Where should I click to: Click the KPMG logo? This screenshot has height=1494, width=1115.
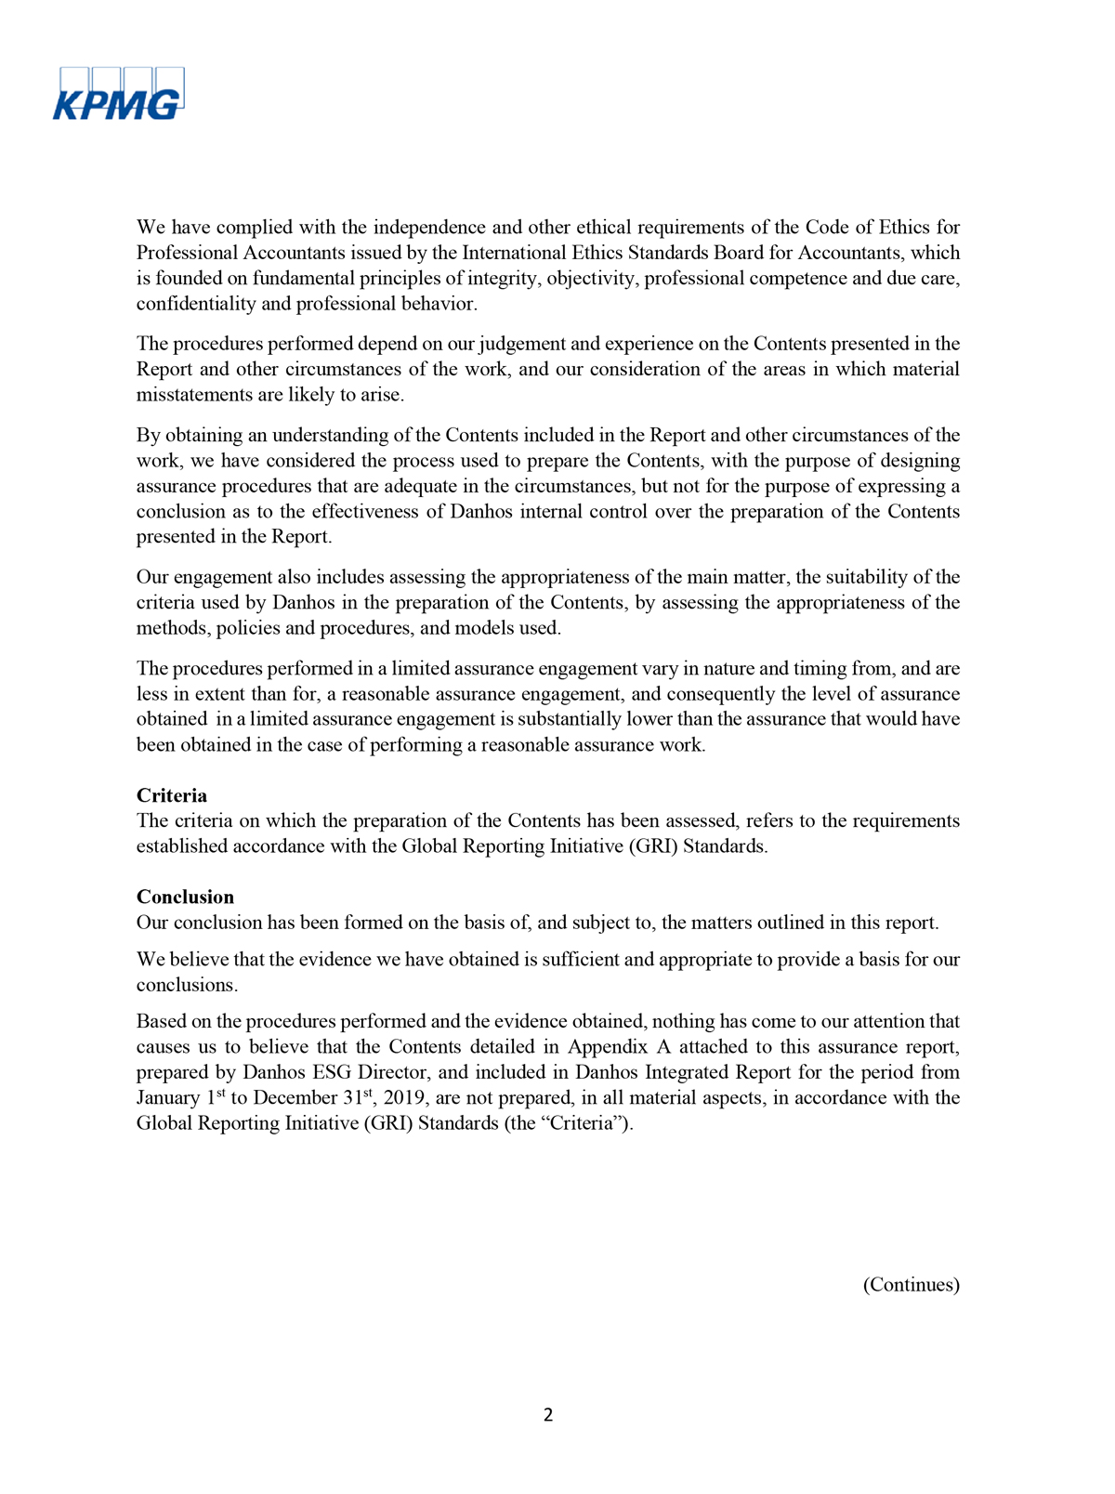(x=118, y=95)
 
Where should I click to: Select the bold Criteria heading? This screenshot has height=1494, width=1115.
(x=172, y=795)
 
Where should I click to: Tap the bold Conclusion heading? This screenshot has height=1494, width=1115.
(x=185, y=897)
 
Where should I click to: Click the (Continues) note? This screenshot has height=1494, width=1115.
(x=911, y=1284)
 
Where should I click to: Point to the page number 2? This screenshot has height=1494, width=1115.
(x=548, y=1415)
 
